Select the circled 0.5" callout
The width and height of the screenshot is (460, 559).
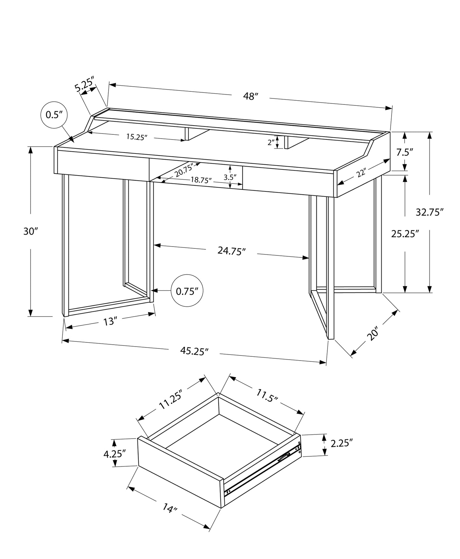tap(54, 115)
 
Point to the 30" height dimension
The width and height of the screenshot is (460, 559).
tap(31, 232)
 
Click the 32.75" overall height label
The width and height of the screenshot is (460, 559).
tap(429, 212)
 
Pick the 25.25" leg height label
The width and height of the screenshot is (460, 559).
tap(405, 234)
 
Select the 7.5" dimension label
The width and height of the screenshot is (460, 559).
tap(404, 152)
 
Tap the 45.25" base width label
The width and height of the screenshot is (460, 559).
tap(194, 351)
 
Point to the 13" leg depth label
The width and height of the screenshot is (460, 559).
tap(109, 322)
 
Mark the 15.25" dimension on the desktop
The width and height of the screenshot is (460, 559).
tap(137, 137)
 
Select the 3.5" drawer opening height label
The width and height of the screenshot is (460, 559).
tap(230, 177)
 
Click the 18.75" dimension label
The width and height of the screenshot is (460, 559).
tap(201, 180)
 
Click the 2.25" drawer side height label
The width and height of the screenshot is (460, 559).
tap(342, 443)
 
